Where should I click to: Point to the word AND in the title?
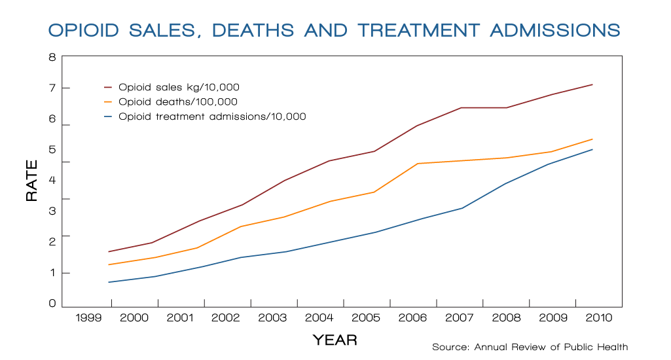[327, 30]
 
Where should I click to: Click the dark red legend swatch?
[108, 87]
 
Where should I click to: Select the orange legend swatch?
[108, 102]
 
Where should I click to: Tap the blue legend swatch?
[108, 117]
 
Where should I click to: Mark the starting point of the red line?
[108, 251]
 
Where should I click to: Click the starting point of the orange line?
[108, 264]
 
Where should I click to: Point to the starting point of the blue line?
[108, 282]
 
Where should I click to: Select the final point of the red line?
[592, 84]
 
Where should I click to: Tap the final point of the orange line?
[592, 139]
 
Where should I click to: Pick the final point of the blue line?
[592, 149]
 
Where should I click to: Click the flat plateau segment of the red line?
[484, 107]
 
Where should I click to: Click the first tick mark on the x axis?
[111, 302]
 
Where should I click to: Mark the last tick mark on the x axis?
[575, 302]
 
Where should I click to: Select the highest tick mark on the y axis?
[65, 88]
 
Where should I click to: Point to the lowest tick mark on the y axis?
[65, 272]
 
